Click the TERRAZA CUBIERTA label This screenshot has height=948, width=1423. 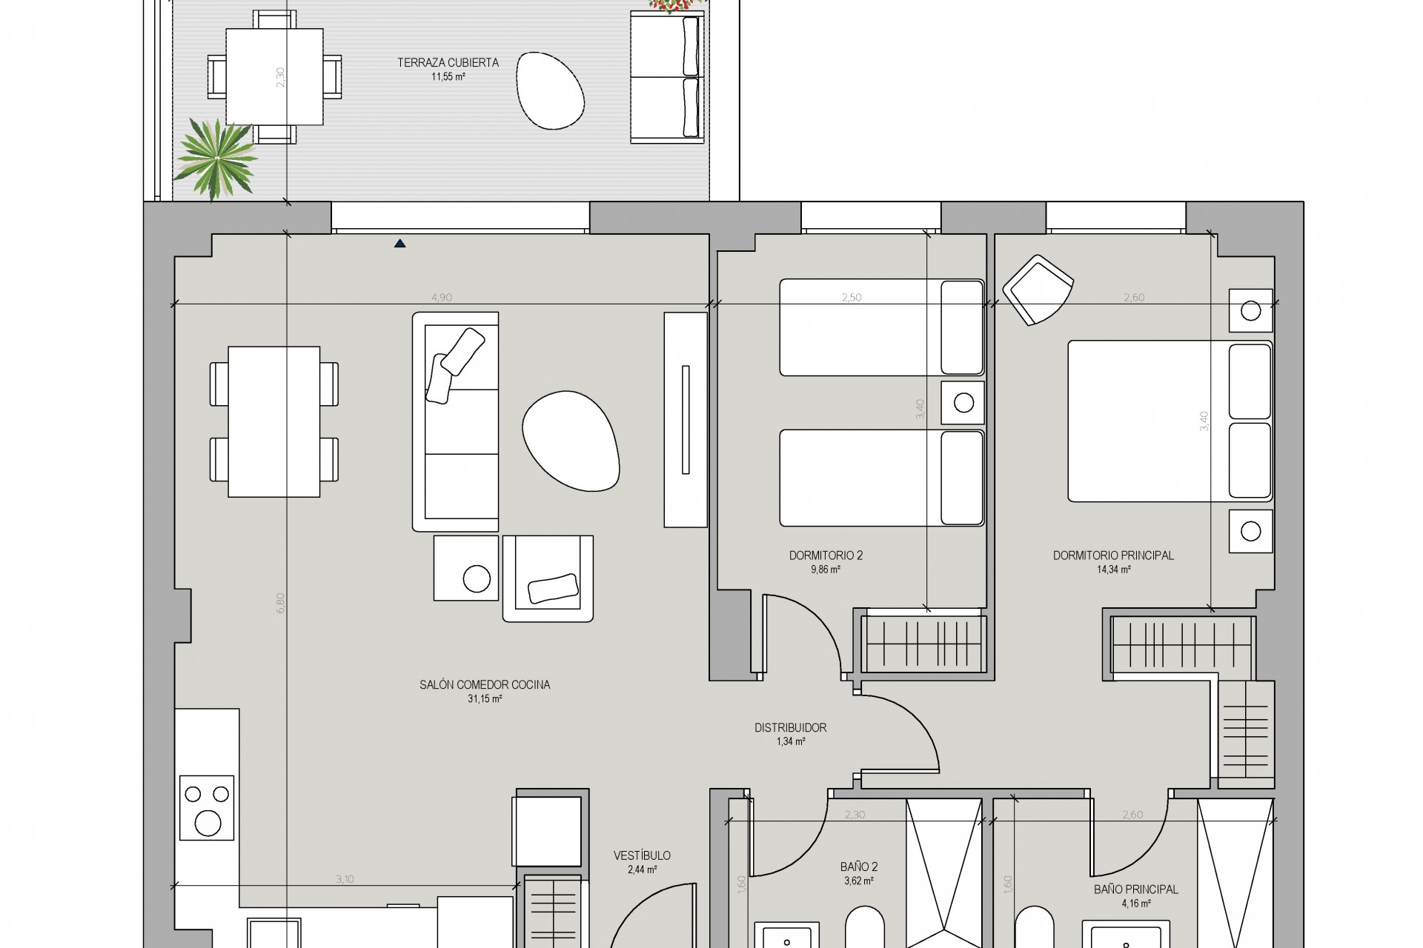click(448, 63)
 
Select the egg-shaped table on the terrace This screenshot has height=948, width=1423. click(550, 91)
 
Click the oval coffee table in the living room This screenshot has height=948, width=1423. click(570, 441)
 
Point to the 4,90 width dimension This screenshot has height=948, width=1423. click(442, 298)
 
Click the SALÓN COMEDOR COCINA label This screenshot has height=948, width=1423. click(485, 685)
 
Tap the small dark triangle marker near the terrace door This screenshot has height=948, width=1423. click(400, 243)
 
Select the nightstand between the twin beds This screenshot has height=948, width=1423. click(963, 403)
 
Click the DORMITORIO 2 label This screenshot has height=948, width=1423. click(826, 555)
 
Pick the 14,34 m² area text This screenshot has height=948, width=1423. click(1113, 570)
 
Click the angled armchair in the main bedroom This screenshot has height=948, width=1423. click(1038, 290)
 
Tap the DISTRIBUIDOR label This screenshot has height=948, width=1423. click(790, 728)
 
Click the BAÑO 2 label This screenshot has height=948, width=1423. click(859, 867)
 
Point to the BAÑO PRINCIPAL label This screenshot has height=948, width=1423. click(1135, 889)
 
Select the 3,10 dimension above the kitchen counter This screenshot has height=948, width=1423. click(345, 880)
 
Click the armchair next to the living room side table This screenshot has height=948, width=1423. click(548, 578)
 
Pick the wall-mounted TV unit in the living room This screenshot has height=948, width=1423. click(686, 419)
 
